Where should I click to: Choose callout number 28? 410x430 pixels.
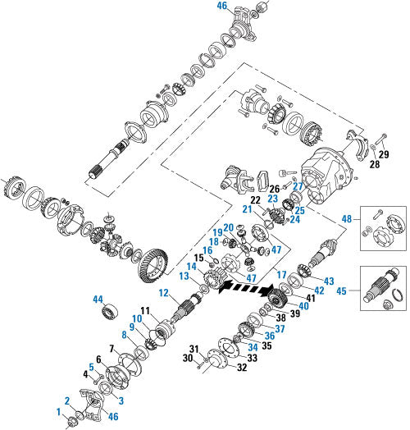pos(375,165)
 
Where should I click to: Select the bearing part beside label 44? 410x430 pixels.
pos(110,312)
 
